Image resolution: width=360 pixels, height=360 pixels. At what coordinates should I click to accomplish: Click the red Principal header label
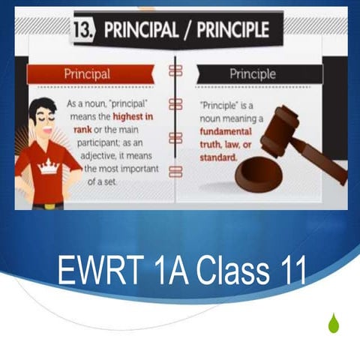(86, 74)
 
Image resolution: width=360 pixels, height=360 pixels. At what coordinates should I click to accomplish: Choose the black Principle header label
(252, 74)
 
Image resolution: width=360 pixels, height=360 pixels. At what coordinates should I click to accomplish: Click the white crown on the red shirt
(48, 166)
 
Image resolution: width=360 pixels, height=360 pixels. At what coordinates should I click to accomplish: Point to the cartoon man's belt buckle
(48, 204)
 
